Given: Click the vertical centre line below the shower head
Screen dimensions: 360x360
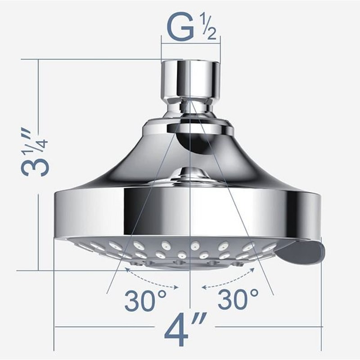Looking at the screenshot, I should coord(190,288).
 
